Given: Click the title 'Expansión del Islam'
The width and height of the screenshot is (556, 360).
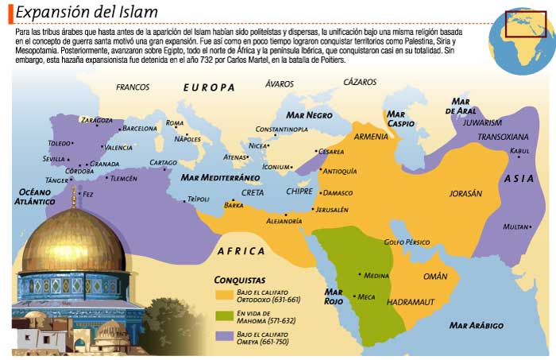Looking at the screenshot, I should pos(87,13).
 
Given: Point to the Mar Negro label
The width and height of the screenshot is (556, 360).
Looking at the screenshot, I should pos(310,115).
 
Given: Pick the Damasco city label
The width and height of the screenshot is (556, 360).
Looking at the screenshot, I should pos(338,192).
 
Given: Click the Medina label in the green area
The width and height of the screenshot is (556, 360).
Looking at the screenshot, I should pos(376,275).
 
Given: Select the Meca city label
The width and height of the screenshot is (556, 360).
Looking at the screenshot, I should pos(366,296).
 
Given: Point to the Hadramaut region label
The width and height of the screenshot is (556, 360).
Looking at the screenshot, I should pos(410,303).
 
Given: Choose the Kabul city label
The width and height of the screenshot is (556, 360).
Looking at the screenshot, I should pos(519,150).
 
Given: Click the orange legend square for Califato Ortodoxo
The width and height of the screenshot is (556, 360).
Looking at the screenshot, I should pos(224,295).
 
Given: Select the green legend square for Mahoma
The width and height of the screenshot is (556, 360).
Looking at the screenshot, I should pos(224,316).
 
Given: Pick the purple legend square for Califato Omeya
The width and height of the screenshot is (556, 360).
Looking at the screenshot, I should pos(224,339).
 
